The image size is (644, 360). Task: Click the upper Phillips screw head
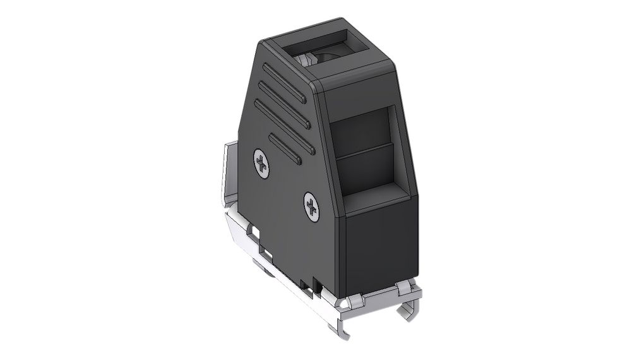click(262, 162)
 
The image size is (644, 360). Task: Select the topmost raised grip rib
click(284, 82)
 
